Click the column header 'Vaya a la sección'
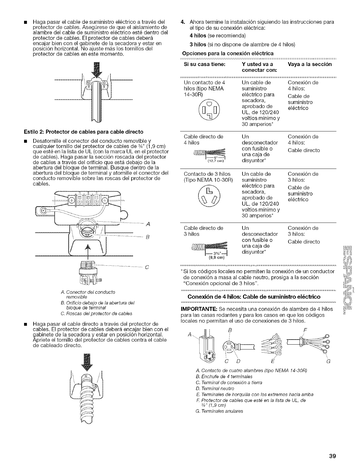pyautogui.click(x=310, y=64)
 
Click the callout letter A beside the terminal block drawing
pyautogui.click(x=148, y=225)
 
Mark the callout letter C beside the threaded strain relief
pyautogui.click(x=146, y=266)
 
